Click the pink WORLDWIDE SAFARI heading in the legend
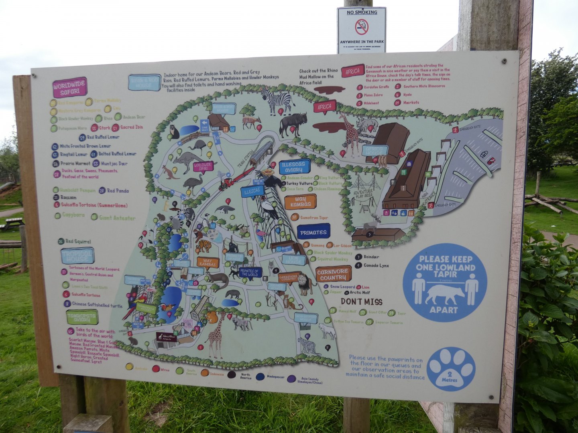click(x=70, y=87)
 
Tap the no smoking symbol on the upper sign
click(x=361, y=27)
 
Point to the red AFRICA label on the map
click(x=324, y=107)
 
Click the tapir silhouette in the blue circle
click(x=444, y=294)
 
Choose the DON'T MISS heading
click(x=361, y=301)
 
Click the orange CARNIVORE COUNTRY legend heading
click(x=333, y=274)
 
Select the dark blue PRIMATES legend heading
click(x=313, y=232)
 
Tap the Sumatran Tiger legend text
click(x=314, y=218)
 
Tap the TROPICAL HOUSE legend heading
click(x=77, y=255)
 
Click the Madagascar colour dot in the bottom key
click(x=260, y=376)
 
